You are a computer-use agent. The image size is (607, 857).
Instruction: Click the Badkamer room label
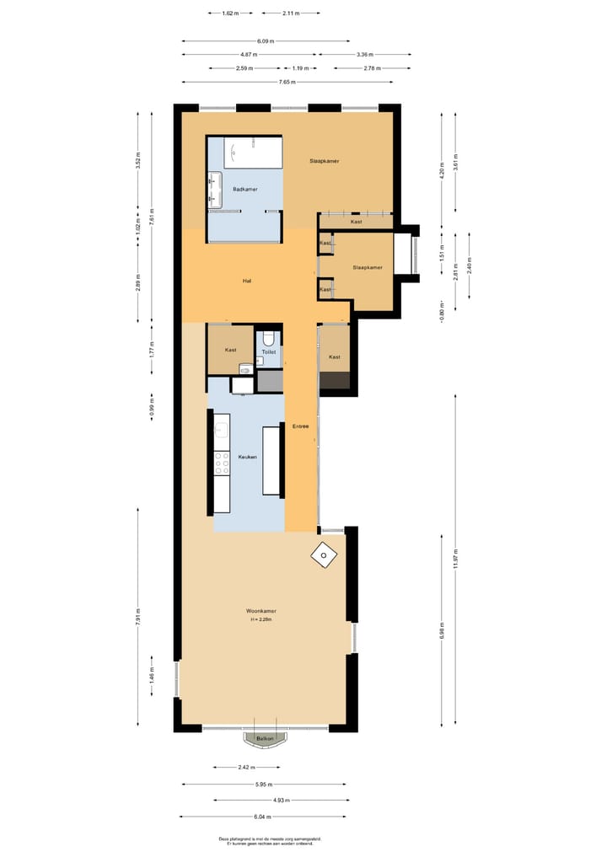click(245, 190)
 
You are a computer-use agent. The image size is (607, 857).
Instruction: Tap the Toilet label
click(268, 352)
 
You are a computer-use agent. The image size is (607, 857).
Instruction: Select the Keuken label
click(247, 457)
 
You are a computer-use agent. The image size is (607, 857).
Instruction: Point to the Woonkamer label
click(261, 611)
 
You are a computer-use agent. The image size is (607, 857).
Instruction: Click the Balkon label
click(265, 738)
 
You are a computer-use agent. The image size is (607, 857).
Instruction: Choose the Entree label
click(300, 426)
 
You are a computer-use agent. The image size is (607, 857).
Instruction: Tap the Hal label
click(247, 281)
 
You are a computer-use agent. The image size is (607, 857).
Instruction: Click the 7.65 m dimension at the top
click(287, 82)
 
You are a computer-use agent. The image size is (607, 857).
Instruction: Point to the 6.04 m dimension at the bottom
click(263, 817)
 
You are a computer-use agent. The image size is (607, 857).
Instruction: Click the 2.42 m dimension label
click(246, 768)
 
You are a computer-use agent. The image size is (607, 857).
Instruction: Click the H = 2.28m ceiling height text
click(261, 620)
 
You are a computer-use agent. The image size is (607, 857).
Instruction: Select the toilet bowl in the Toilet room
click(269, 340)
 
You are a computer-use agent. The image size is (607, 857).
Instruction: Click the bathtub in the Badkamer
click(255, 153)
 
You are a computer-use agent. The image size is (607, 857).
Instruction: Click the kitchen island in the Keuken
click(271, 460)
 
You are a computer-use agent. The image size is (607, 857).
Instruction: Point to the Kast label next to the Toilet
click(230, 350)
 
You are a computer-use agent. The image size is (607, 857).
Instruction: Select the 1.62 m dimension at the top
click(230, 13)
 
